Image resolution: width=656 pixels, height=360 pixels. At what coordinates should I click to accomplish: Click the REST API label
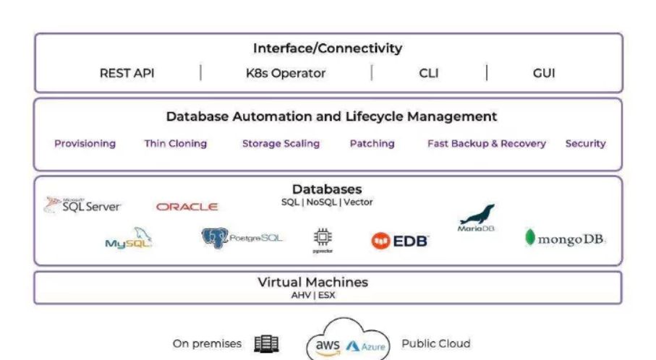127,73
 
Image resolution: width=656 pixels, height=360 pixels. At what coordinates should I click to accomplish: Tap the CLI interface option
428,73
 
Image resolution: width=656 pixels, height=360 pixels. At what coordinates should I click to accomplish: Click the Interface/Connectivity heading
327,49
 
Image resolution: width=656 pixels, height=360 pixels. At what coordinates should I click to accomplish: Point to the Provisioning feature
85,143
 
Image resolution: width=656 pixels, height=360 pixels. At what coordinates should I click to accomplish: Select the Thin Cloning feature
175,143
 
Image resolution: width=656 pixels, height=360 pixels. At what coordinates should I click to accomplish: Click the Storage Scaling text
281,143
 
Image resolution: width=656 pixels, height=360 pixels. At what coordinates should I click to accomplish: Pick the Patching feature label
372,143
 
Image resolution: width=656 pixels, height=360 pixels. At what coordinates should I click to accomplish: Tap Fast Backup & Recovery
486,143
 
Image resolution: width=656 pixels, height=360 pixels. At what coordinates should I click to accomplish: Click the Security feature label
585,143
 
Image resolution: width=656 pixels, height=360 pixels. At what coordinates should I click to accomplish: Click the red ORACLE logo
187,207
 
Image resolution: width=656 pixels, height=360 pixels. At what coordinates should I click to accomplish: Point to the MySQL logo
129,239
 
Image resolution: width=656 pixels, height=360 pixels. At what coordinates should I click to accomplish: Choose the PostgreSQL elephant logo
242,237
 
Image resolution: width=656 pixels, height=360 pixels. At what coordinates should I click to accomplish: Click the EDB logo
399,241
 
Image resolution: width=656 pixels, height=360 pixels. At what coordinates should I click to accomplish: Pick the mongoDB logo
565,239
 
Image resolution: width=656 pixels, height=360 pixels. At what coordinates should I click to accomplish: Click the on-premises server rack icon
266,344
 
